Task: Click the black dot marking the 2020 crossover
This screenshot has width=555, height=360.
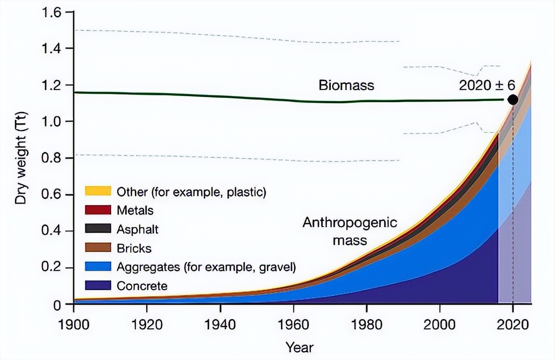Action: (x=513, y=100)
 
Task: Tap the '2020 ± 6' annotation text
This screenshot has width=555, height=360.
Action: (x=487, y=85)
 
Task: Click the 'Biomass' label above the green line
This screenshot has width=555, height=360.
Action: (x=346, y=84)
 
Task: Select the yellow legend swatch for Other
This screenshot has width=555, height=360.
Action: (x=97, y=191)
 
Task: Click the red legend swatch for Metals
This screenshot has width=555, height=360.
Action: (x=97, y=210)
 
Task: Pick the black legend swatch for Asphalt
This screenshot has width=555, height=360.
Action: (x=97, y=229)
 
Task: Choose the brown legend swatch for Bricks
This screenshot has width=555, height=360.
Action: (x=97, y=248)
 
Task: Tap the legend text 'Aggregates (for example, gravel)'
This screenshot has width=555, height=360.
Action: (x=206, y=267)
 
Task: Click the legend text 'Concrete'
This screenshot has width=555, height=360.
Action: (x=142, y=286)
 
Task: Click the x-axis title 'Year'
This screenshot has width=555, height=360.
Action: (x=300, y=347)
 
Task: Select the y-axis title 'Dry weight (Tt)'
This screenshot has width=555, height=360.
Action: (x=21, y=158)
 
